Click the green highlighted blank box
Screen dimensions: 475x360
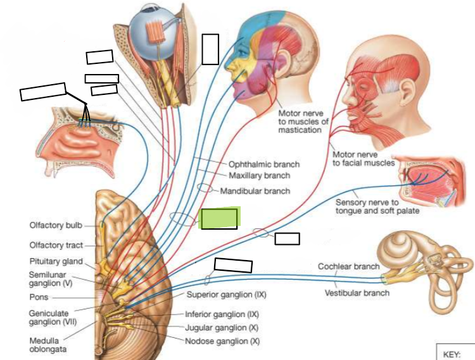click(219, 218)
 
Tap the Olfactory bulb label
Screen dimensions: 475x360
click(56, 225)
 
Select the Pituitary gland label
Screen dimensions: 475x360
click(56, 261)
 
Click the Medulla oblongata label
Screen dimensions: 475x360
click(48, 345)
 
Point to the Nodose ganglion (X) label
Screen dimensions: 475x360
click(222, 341)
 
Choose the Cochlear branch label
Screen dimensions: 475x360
click(349, 266)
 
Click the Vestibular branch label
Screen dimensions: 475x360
click(357, 293)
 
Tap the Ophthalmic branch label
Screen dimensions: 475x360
click(264, 164)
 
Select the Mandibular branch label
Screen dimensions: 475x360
click(255, 191)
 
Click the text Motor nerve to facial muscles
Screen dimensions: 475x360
click(364, 159)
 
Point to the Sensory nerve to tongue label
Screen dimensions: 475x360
click(377, 206)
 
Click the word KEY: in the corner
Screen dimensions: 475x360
click(452, 354)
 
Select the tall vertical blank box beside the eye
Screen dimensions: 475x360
click(210, 49)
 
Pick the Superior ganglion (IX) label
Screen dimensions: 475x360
click(226, 294)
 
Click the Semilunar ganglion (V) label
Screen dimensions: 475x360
click(51, 279)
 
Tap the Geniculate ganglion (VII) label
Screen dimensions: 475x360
click(53, 318)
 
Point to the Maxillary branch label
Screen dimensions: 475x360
click(259, 175)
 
